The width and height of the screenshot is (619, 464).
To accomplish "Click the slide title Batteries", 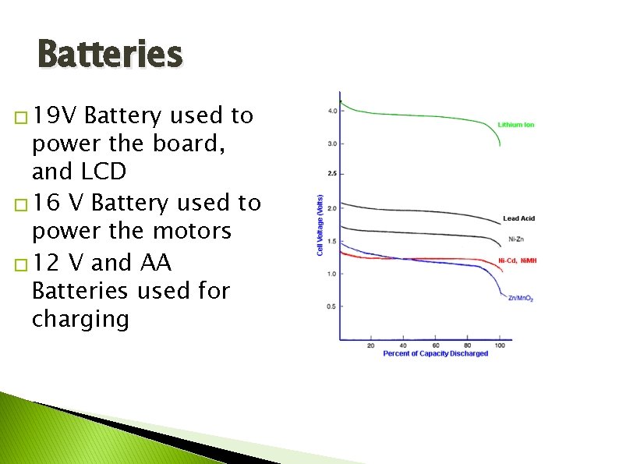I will [109, 55].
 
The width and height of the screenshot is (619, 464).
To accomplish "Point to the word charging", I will [80, 319].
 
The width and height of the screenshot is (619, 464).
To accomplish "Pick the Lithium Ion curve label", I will [516, 125].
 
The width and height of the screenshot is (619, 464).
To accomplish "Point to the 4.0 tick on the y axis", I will [332, 111].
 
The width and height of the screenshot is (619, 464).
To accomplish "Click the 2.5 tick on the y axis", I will [332, 174].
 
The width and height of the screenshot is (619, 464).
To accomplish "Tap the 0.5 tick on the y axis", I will [332, 306].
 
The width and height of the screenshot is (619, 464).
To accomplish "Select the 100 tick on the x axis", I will [500, 345].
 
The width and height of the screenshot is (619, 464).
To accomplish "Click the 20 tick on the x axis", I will [370, 345].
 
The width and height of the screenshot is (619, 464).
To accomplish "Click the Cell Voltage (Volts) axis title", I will [320, 225].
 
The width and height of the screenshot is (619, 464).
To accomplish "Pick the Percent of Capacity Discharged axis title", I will [435, 354].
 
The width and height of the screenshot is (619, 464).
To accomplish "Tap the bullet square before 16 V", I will [20, 205].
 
